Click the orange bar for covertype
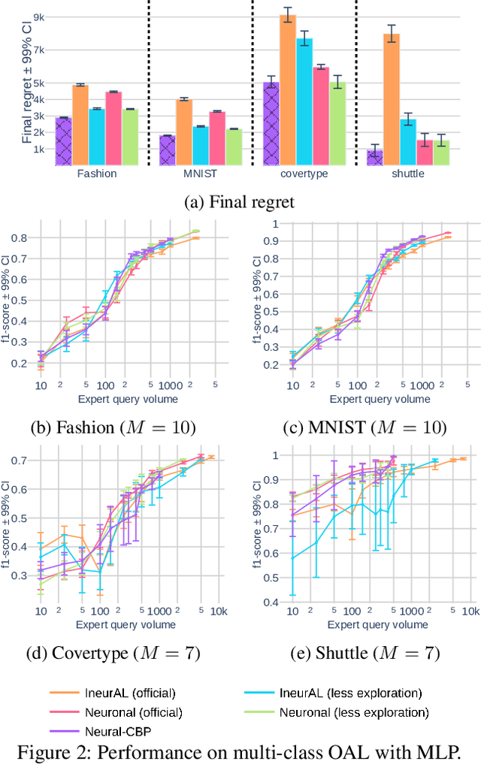(287, 90)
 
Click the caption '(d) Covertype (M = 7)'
(113, 653)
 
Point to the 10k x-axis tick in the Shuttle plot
(470, 610)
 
